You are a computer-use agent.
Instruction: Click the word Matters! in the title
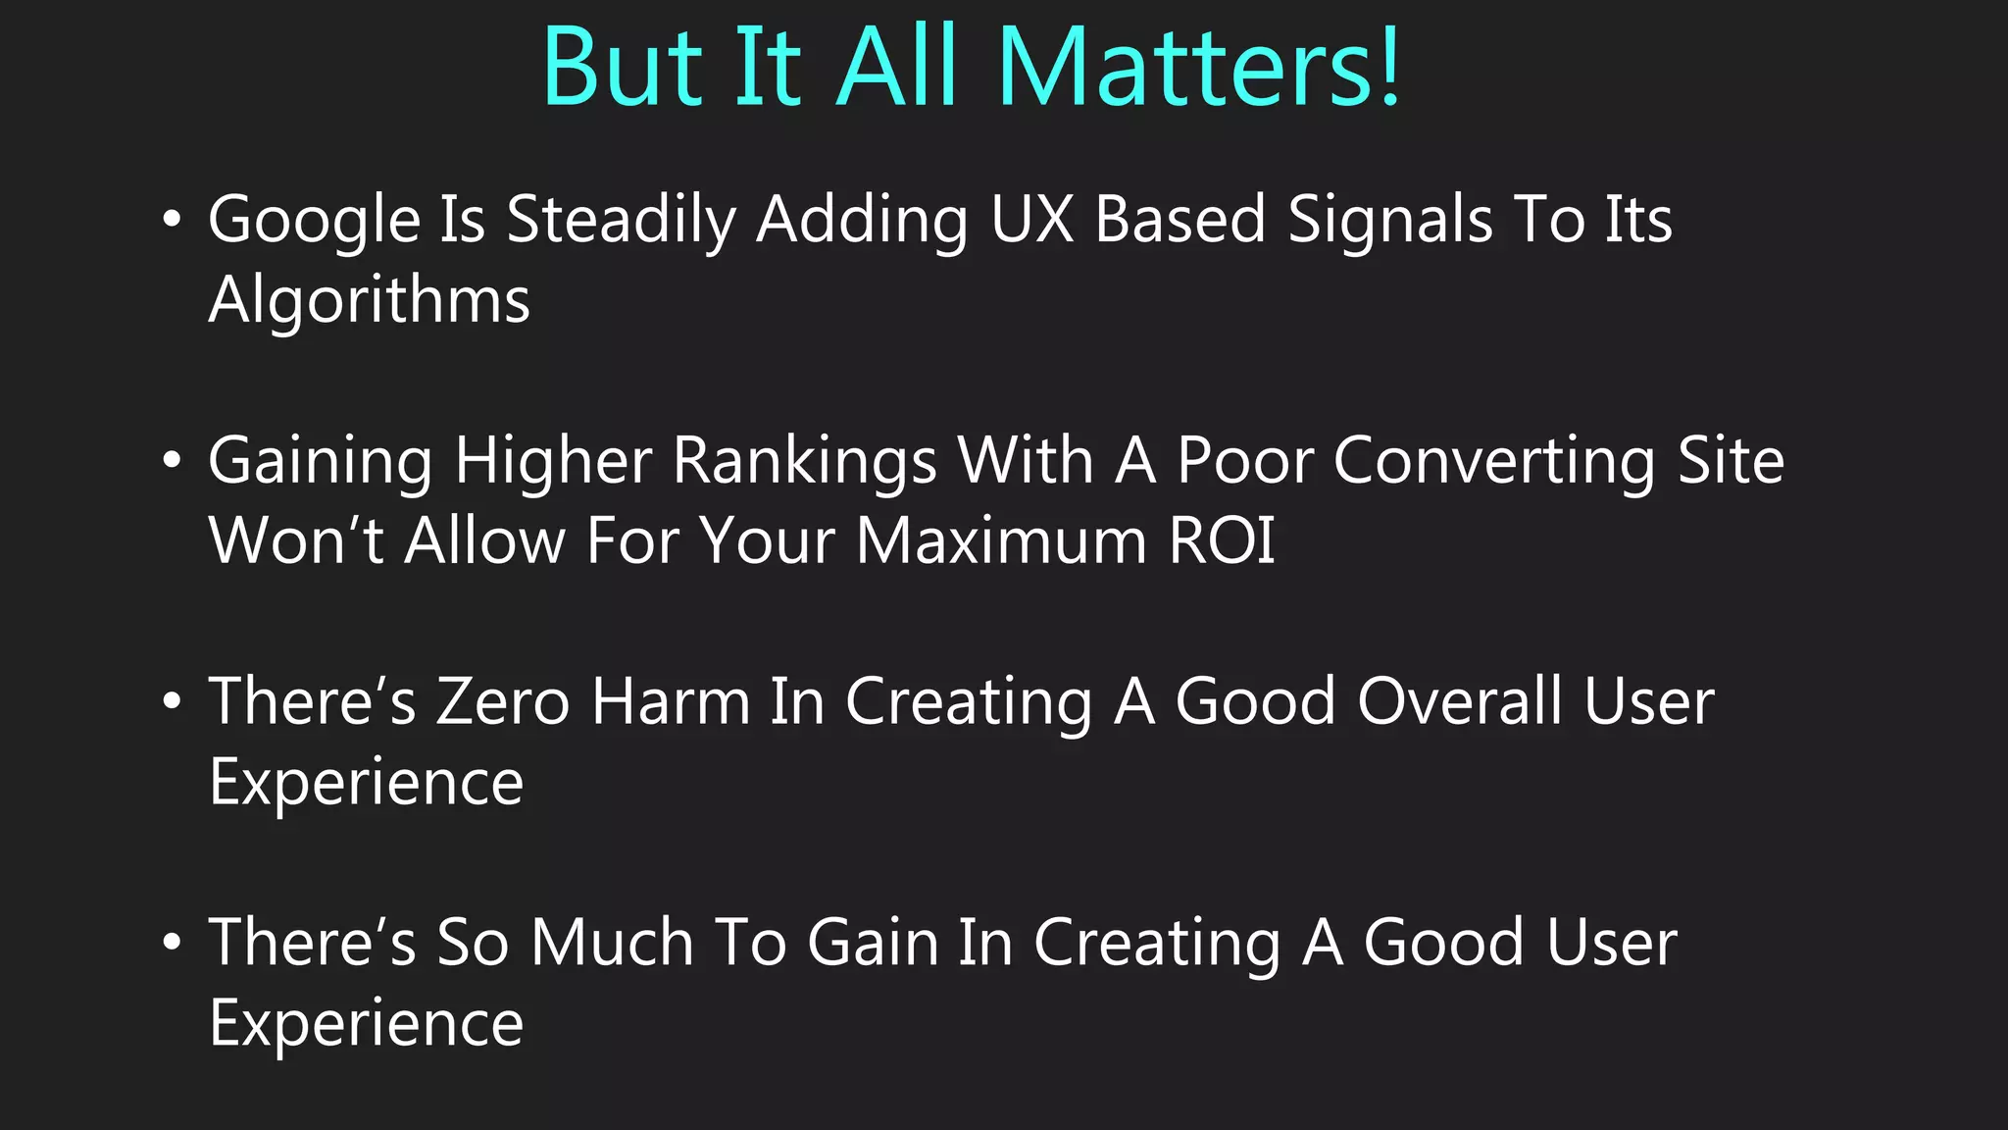tap(1198, 68)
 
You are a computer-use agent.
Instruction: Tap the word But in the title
tap(623, 68)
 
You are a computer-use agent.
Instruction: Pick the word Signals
tap(1389, 220)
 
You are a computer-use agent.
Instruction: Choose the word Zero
tap(503, 701)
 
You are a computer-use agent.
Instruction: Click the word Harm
tap(671, 701)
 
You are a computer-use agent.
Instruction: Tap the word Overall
tap(1461, 701)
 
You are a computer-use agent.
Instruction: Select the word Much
tap(613, 943)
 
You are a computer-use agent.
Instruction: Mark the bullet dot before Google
tap(173, 220)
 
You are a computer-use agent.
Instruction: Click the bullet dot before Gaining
tap(173, 461)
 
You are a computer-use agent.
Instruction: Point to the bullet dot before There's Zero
tap(173, 701)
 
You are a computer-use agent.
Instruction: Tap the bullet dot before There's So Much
tap(173, 943)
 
